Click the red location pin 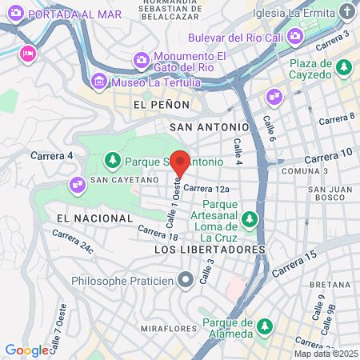click(x=181, y=162)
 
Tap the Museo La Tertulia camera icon click(x=99, y=81)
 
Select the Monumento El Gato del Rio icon click(x=142, y=60)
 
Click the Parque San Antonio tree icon click(x=113, y=161)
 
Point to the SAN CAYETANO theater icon click(x=78, y=183)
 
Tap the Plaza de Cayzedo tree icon click(x=342, y=66)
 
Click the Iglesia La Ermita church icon click(x=345, y=13)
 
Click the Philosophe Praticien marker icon click(x=186, y=280)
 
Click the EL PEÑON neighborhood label click(x=162, y=105)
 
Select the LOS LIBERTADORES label click(x=209, y=250)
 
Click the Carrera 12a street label click(x=206, y=189)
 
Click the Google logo click(x=26, y=350)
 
